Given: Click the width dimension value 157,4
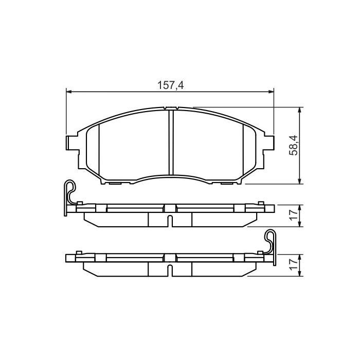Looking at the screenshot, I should (170, 85).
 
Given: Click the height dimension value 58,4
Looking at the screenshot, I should (293, 145).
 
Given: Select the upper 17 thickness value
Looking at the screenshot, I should (293, 215).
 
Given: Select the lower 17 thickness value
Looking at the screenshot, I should (293, 265).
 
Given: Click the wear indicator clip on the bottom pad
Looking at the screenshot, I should (271, 242).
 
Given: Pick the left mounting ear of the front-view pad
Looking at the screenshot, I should (71, 143).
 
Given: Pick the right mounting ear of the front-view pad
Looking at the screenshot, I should (269, 143).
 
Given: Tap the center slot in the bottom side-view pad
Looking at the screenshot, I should (170, 269).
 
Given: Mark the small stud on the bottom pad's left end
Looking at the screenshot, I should (79, 252).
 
